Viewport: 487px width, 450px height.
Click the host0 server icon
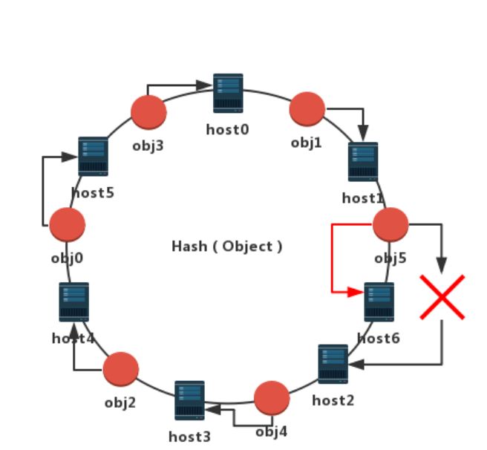coord(228,93)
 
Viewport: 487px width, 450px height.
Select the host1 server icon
coord(363,161)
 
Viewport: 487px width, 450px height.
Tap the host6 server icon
coord(379,301)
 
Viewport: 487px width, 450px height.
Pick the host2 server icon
coord(333,364)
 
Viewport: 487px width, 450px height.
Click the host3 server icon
coord(189,400)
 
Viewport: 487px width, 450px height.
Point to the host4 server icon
coord(74,301)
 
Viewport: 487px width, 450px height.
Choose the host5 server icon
coord(94,156)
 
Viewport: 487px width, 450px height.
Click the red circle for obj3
coord(148,112)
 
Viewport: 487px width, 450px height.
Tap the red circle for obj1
coord(307,109)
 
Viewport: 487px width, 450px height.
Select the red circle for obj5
coord(390,224)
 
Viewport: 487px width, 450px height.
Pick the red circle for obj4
coord(272,398)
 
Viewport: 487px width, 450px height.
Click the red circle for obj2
coord(121,369)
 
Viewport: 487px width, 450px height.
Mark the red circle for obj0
coord(68,224)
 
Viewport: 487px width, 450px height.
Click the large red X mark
coord(442,297)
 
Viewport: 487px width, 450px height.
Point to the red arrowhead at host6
coord(358,292)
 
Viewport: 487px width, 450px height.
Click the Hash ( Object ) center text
coord(227,247)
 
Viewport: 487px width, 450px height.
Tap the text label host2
coord(333,401)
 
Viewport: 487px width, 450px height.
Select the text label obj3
coord(148,145)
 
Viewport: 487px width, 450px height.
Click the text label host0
coord(227,129)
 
